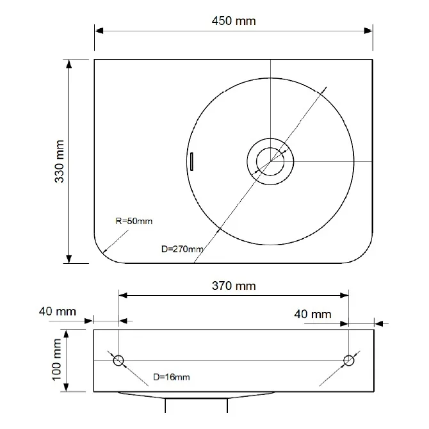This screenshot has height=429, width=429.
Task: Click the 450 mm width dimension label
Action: click(x=234, y=20)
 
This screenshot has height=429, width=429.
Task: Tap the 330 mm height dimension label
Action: click(x=60, y=161)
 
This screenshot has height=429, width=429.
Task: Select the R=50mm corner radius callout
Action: click(x=134, y=221)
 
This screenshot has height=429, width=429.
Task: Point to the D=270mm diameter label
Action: click(x=182, y=249)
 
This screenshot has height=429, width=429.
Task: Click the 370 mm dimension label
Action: click(x=234, y=286)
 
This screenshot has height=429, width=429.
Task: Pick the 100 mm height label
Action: click(x=56, y=359)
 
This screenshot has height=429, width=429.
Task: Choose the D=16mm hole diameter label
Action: click(x=172, y=377)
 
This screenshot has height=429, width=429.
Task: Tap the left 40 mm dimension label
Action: click(x=58, y=311)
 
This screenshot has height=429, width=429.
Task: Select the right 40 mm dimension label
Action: click(x=312, y=314)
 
